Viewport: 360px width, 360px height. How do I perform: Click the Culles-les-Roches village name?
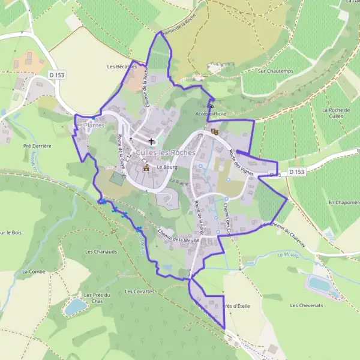pyautogui.click(x=166, y=153)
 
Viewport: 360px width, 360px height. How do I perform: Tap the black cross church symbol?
pyautogui.click(x=151, y=142)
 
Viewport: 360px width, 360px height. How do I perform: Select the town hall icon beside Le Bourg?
pyautogui.click(x=146, y=169)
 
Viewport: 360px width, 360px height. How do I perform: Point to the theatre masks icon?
pyautogui.click(x=215, y=131)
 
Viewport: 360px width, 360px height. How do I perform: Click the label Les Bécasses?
pyautogui.click(x=121, y=66)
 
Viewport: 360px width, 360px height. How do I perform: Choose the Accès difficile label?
pyautogui.click(x=211, y=113)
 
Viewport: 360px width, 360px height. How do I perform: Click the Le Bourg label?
pyautogui.click(x=164, y=167)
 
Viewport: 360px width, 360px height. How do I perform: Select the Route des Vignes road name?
pyautogui.click(x=240, y=161)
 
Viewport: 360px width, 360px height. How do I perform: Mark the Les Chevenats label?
pyautogui.click(x=306, y=305)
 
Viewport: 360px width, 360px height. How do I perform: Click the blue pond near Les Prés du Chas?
pyautogui.click(x=76, y=307)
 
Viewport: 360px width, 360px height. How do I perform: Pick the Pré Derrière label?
pyautogui.click(x=37, y=146)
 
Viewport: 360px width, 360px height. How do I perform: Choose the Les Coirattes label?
pyautogui.click(x=140, y=292)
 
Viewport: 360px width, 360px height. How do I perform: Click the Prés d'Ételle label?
pyautogui.click(x=235, y=306)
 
